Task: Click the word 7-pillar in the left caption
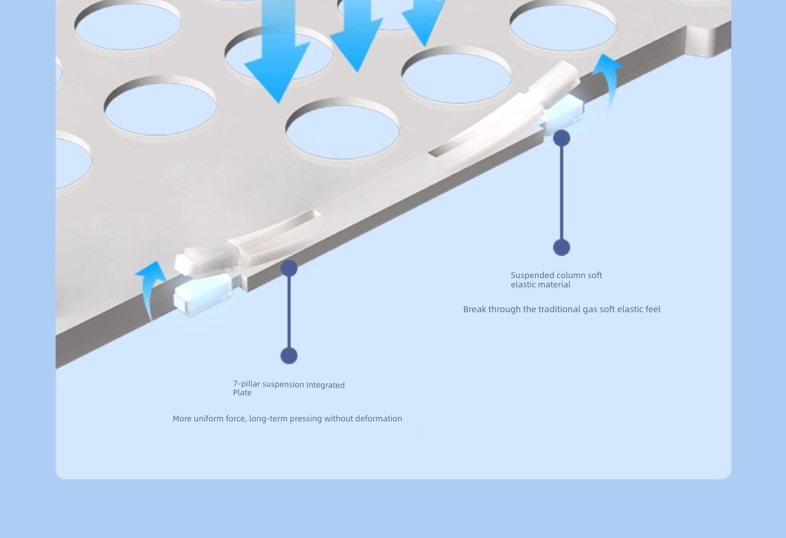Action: pyautogui.click(x=247, y=384)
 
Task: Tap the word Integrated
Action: pyautogui.click(x=325, y=385)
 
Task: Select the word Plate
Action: pyautogui.click(x=242, y=393)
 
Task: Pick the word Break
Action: pyautogui.click(x=474, y=309)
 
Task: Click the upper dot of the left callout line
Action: pyautogui.click(x=289, y=268)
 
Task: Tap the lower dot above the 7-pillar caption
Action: pyautogui.click(x=289, y=356)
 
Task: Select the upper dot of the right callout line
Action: pyautogui.click(x=561, y=138)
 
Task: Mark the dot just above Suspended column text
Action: pyautogui.click(x=561, y=247)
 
